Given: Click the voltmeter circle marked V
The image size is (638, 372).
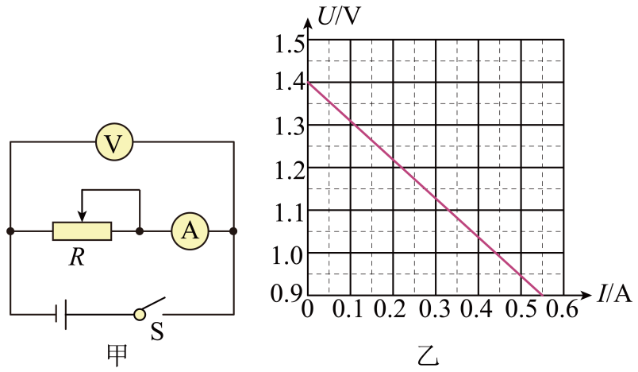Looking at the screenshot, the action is [114, 141].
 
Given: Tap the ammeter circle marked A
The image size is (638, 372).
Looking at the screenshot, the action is [190, 231].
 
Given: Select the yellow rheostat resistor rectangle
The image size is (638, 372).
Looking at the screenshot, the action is [82, 231].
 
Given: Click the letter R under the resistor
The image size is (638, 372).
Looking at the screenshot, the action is [77, 258].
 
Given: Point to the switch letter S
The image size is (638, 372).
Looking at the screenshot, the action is [157, 331].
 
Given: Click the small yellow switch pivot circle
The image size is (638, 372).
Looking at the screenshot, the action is [140, 314].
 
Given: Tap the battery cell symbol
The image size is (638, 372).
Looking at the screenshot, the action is [61, 314].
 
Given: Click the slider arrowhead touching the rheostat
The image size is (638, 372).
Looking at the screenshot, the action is [83, 217].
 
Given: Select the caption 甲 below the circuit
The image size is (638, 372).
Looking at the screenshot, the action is [117, 355].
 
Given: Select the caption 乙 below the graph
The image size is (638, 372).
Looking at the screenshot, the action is [428, 355].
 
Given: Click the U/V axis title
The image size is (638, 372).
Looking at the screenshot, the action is [339, 17].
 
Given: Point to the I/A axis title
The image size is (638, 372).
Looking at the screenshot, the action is [615, 294].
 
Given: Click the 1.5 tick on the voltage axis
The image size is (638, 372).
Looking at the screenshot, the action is [290, 44].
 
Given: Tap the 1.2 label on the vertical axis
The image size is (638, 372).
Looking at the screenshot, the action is [290, 171].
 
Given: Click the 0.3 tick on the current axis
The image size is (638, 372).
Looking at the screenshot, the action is [435, 309].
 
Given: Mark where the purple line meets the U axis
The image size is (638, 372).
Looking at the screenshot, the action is [309, 83].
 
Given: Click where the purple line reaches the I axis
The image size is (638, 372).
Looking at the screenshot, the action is [542, 295].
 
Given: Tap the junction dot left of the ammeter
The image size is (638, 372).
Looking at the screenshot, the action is [140, 231].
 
